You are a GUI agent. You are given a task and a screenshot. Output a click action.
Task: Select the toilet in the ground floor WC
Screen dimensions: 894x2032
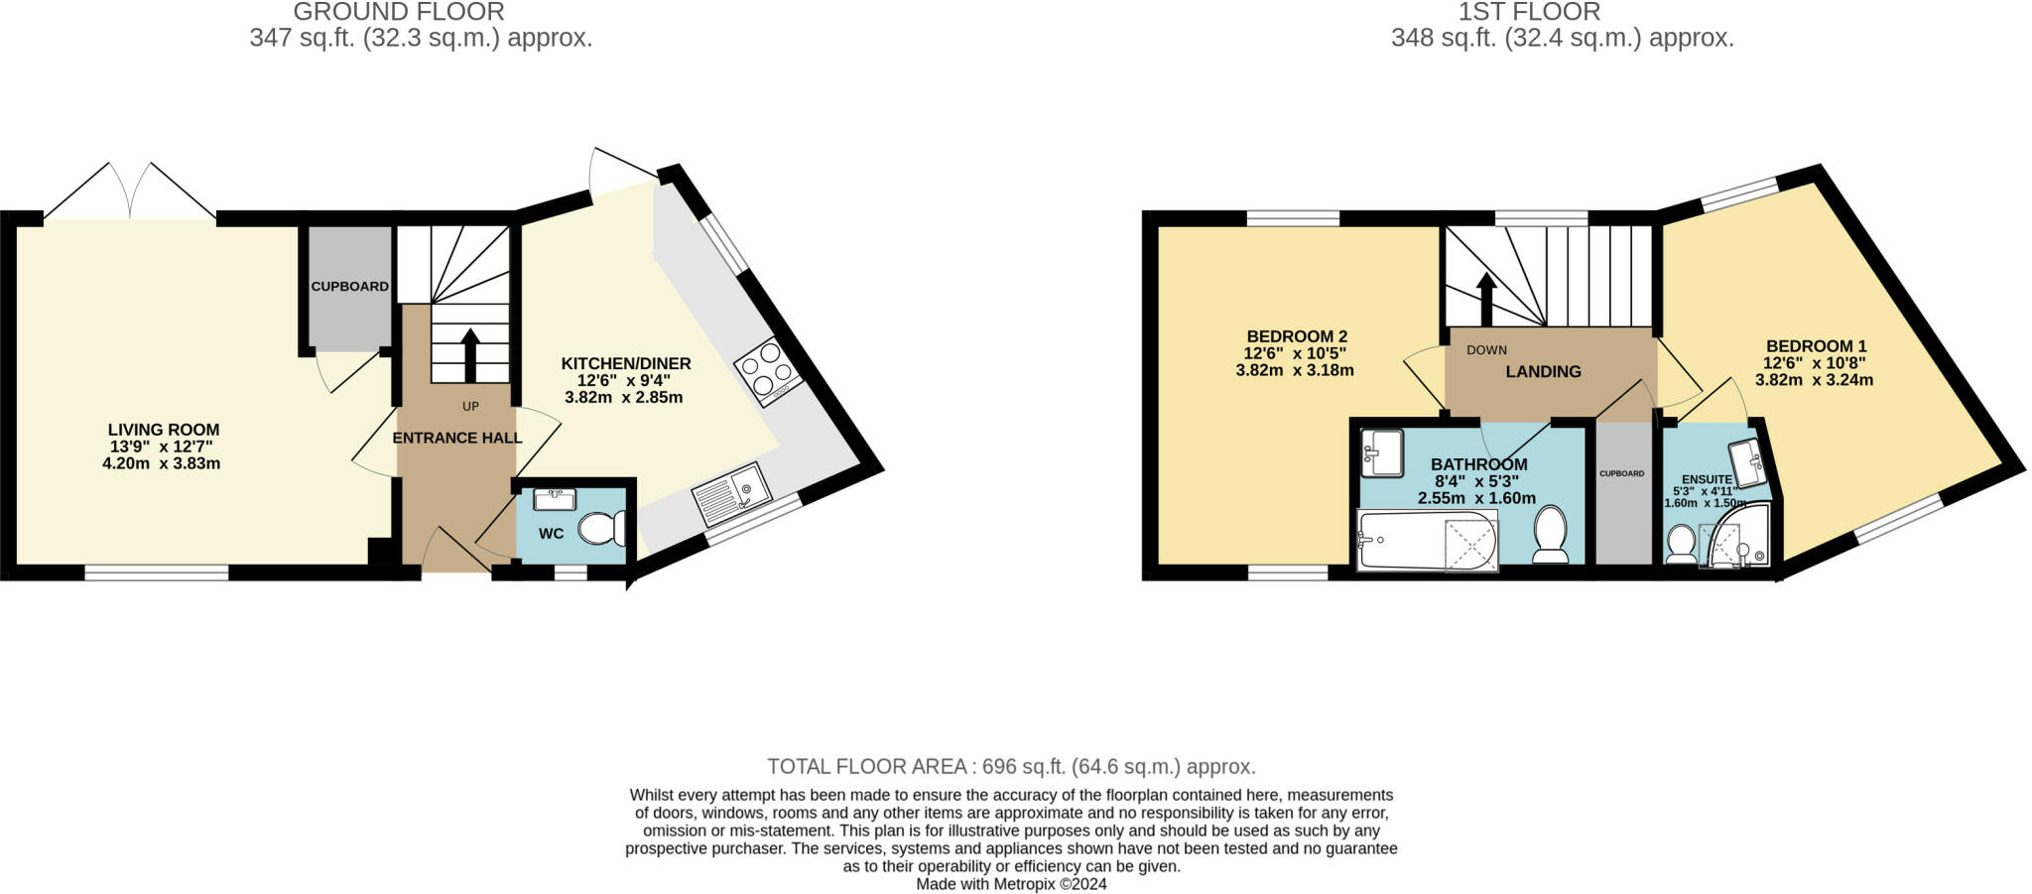601,528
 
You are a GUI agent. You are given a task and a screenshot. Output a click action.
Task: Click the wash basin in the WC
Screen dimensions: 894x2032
555,498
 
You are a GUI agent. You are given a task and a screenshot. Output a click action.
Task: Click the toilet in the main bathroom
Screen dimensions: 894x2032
1549,533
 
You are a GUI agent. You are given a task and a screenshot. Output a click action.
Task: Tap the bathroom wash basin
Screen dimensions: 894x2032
1381,452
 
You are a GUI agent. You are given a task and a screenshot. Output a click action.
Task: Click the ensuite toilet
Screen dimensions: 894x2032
1681,544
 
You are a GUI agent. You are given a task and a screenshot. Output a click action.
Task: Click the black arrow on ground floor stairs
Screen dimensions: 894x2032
470,354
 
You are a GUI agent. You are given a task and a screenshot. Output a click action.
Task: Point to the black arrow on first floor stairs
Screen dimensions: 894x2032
1485,298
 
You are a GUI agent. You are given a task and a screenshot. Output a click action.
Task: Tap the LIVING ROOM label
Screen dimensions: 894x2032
164,430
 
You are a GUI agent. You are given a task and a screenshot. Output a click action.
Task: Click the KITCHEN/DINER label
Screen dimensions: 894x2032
626,363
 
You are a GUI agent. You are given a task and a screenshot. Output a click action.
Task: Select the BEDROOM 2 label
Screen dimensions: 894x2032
1297,336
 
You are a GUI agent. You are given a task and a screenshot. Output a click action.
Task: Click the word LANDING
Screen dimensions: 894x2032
1543,372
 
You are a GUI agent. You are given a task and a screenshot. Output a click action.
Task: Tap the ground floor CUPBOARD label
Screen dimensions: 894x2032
349,287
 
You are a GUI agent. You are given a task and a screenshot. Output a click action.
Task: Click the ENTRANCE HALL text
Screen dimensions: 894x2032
457,438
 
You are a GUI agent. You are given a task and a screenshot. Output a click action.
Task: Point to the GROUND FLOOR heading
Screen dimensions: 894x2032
399,12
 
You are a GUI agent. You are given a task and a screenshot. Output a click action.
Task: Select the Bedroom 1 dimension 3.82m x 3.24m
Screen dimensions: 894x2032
1814,379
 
